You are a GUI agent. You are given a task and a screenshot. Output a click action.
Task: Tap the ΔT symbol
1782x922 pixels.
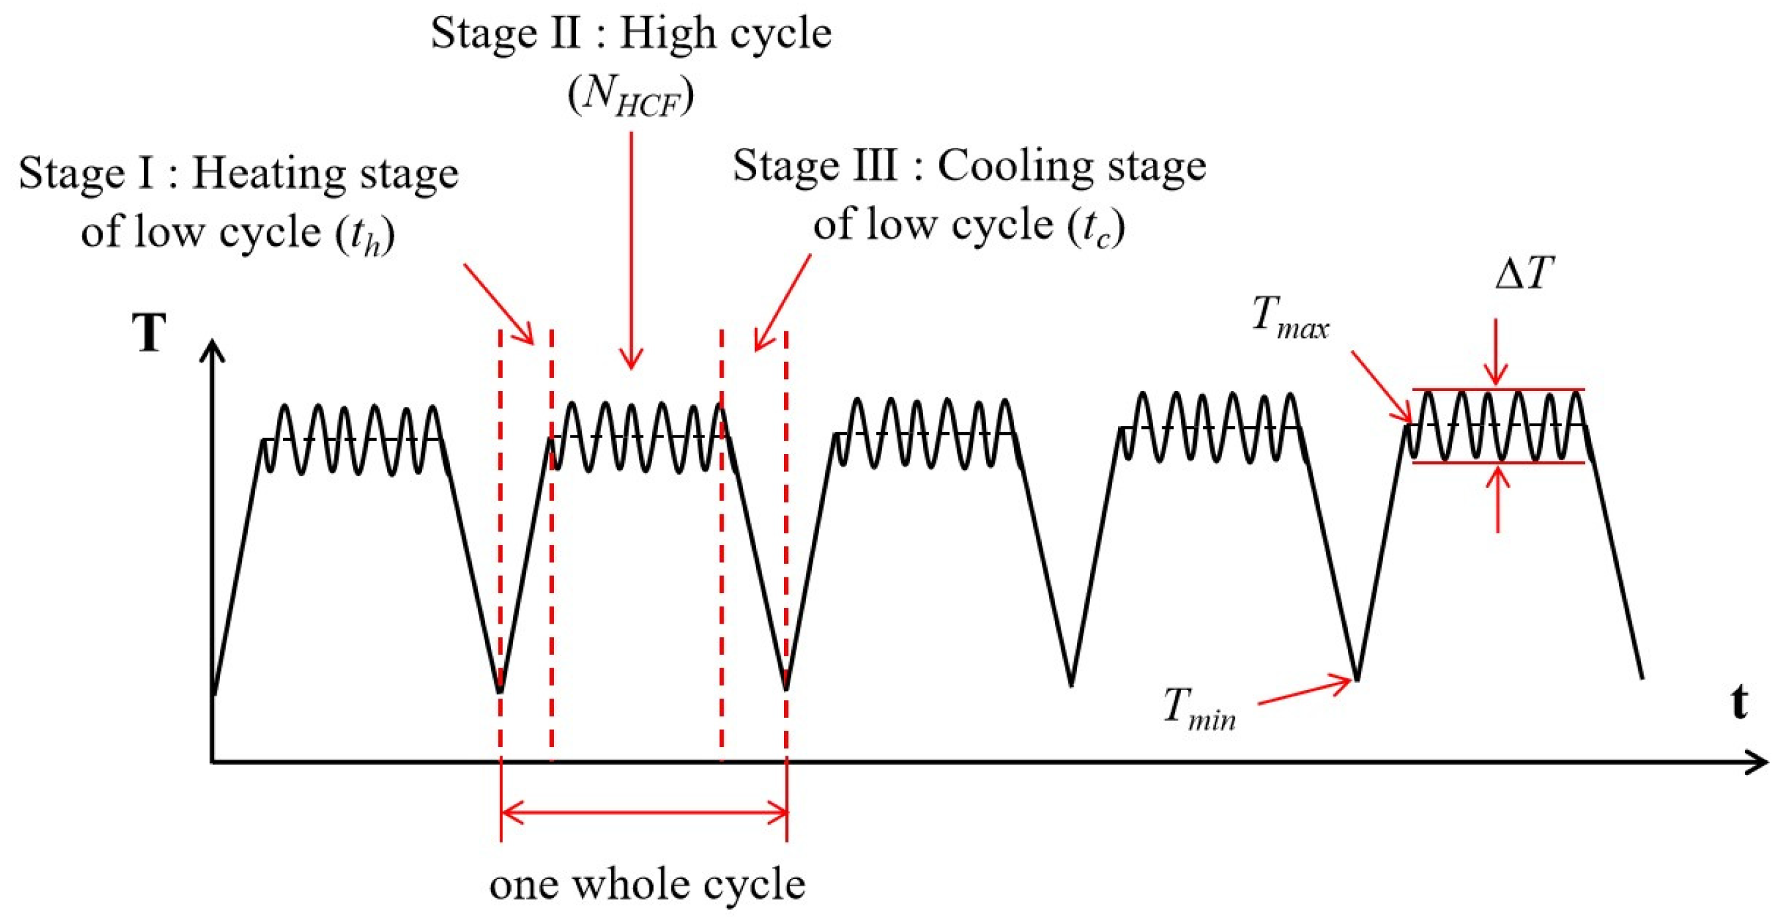point(1524,274)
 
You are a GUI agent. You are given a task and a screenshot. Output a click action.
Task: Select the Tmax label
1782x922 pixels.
point(1291,317)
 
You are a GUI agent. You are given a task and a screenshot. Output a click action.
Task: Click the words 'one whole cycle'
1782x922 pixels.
point(647,885)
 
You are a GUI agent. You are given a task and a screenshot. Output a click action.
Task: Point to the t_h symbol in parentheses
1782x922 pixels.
point(365,233)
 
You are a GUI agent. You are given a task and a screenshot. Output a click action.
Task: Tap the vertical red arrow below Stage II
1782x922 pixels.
point(631,249)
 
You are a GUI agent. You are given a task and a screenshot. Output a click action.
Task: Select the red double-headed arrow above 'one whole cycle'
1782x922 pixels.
point(643,812)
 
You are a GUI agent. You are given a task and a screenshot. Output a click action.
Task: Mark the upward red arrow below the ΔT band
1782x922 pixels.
point(1498,498)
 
